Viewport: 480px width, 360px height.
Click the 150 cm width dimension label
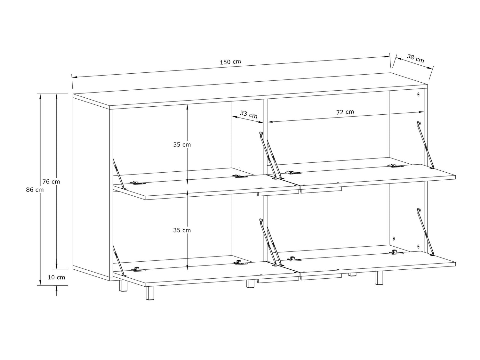[x=230, y=62]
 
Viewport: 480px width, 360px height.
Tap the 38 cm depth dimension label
[x=415, y=58]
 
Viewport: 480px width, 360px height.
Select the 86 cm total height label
[x=35, y=190]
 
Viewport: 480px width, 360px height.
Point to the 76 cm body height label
[x=51, y=181]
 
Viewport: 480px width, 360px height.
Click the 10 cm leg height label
[x=56, y=277]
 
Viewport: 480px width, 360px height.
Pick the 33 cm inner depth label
[x=249, y=114]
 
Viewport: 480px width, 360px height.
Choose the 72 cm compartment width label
[x=345, y=112]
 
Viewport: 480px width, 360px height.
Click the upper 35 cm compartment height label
[x=182, y=144]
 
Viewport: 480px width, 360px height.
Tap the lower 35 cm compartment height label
[x=182, y=230]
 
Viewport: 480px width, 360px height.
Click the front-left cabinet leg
[x=150, y=293]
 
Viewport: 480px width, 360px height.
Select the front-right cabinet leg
[x=379, y=278]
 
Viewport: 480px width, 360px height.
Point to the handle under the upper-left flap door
[x=278, y=192]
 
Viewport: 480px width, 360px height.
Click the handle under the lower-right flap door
[x=321, y=277]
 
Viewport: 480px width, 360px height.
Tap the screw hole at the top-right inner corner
[x=418, y=94]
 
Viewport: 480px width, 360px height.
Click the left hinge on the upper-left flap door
[x=137, y=183]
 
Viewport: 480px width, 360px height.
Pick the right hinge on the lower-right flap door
[x=396, y=252]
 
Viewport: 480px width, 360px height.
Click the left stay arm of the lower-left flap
[x=118, y=261]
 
